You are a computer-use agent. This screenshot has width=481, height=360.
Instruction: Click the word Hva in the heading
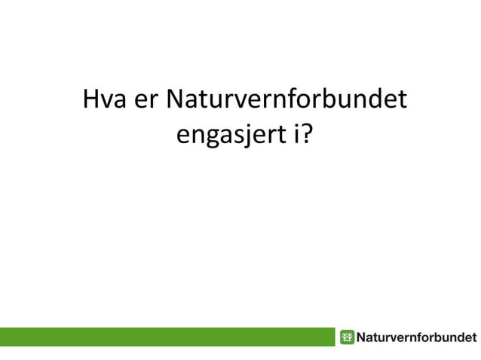click(x=105, y=101)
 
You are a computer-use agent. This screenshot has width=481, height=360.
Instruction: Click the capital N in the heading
click(x=175, y=100)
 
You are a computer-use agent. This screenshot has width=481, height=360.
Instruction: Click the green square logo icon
click(x=347, y=337)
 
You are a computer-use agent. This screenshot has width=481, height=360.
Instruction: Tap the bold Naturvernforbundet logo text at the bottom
click(x=416, y=337)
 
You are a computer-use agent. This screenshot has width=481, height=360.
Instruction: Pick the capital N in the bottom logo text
click(x=362, y=337)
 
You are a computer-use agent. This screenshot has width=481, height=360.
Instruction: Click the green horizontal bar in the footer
click(x=166, y=337)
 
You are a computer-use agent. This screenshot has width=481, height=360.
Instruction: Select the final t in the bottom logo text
click(x=474, y=337)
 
